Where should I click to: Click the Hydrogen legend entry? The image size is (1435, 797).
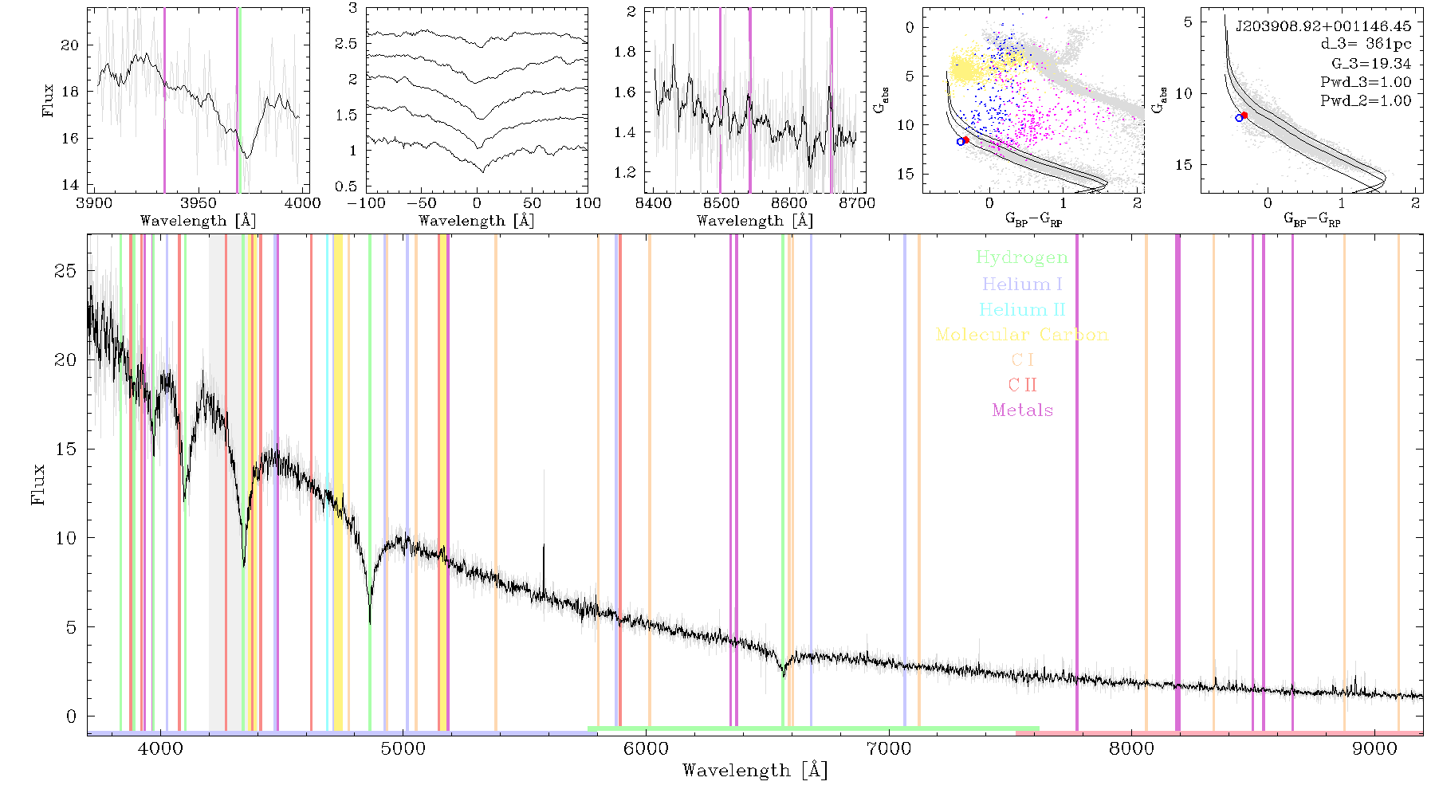(x=1022, y=258)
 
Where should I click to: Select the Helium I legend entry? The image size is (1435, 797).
(x=1022, y=284)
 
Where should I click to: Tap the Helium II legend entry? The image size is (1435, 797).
(x=1022, y=309)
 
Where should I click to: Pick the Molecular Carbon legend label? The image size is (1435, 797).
(x=1022, y=335)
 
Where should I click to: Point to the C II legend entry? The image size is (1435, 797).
(x=1022, y=385)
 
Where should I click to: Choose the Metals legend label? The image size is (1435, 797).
(x=1022, y=410)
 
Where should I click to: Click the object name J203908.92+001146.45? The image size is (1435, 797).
(x=1323, y=26)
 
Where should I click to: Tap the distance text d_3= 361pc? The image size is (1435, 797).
(x=1366, y=45)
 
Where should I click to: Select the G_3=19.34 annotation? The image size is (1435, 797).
(x=1371, y=64)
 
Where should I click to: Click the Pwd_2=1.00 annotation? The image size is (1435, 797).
(x=1366, y=101)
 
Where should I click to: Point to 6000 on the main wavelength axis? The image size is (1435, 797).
(x=646, y=748)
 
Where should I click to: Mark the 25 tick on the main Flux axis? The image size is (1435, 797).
(x=66, y=271)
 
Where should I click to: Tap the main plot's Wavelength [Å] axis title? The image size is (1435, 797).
(x=755, y=771)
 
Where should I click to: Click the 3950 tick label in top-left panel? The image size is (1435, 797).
(x=198, y=202)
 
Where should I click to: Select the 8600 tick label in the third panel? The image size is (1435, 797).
(x=789, y=202)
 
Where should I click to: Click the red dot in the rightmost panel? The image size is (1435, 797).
(x=1244, y=116)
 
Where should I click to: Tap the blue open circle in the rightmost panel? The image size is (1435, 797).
(x=1239, y=118)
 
